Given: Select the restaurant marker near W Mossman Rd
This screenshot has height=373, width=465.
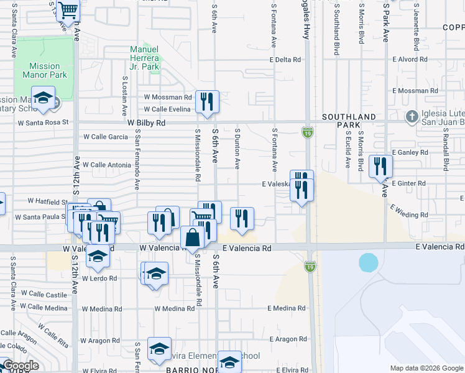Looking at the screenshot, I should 207,102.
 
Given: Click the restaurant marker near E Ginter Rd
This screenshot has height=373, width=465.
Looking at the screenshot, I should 380,166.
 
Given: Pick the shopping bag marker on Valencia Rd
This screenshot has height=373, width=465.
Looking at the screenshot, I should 193,237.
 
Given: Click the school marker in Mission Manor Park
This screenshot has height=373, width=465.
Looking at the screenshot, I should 43,98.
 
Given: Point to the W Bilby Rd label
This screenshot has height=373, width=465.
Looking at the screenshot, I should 147,123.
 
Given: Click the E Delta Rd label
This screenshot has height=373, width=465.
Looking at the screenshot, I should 285,60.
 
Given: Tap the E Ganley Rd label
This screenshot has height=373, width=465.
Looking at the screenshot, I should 411,152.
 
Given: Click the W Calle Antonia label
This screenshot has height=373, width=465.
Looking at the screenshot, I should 107,165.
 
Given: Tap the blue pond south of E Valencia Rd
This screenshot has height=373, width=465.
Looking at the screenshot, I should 368,262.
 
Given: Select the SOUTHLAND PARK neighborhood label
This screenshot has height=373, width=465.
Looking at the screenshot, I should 349,121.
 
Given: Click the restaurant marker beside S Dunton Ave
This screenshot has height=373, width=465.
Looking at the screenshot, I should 242,218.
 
